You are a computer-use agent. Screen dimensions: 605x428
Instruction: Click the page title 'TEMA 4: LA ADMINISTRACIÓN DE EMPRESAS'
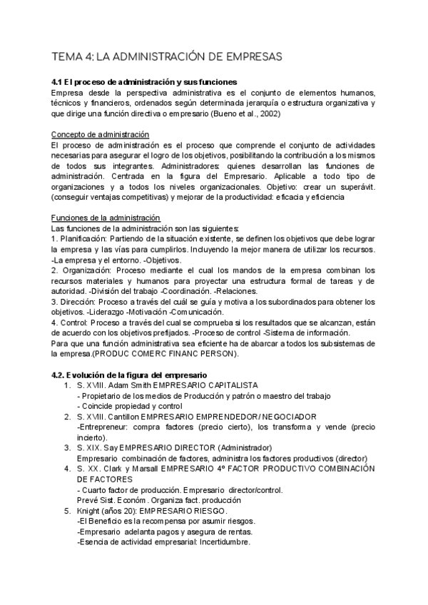[x=168, y=56]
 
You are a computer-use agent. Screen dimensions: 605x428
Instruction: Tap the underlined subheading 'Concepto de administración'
[x=101, y=134]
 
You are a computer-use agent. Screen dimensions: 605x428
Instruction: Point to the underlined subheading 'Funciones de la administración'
[x=107, y=217]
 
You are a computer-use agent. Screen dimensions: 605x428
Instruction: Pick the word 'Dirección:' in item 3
[x=78, y=302]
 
